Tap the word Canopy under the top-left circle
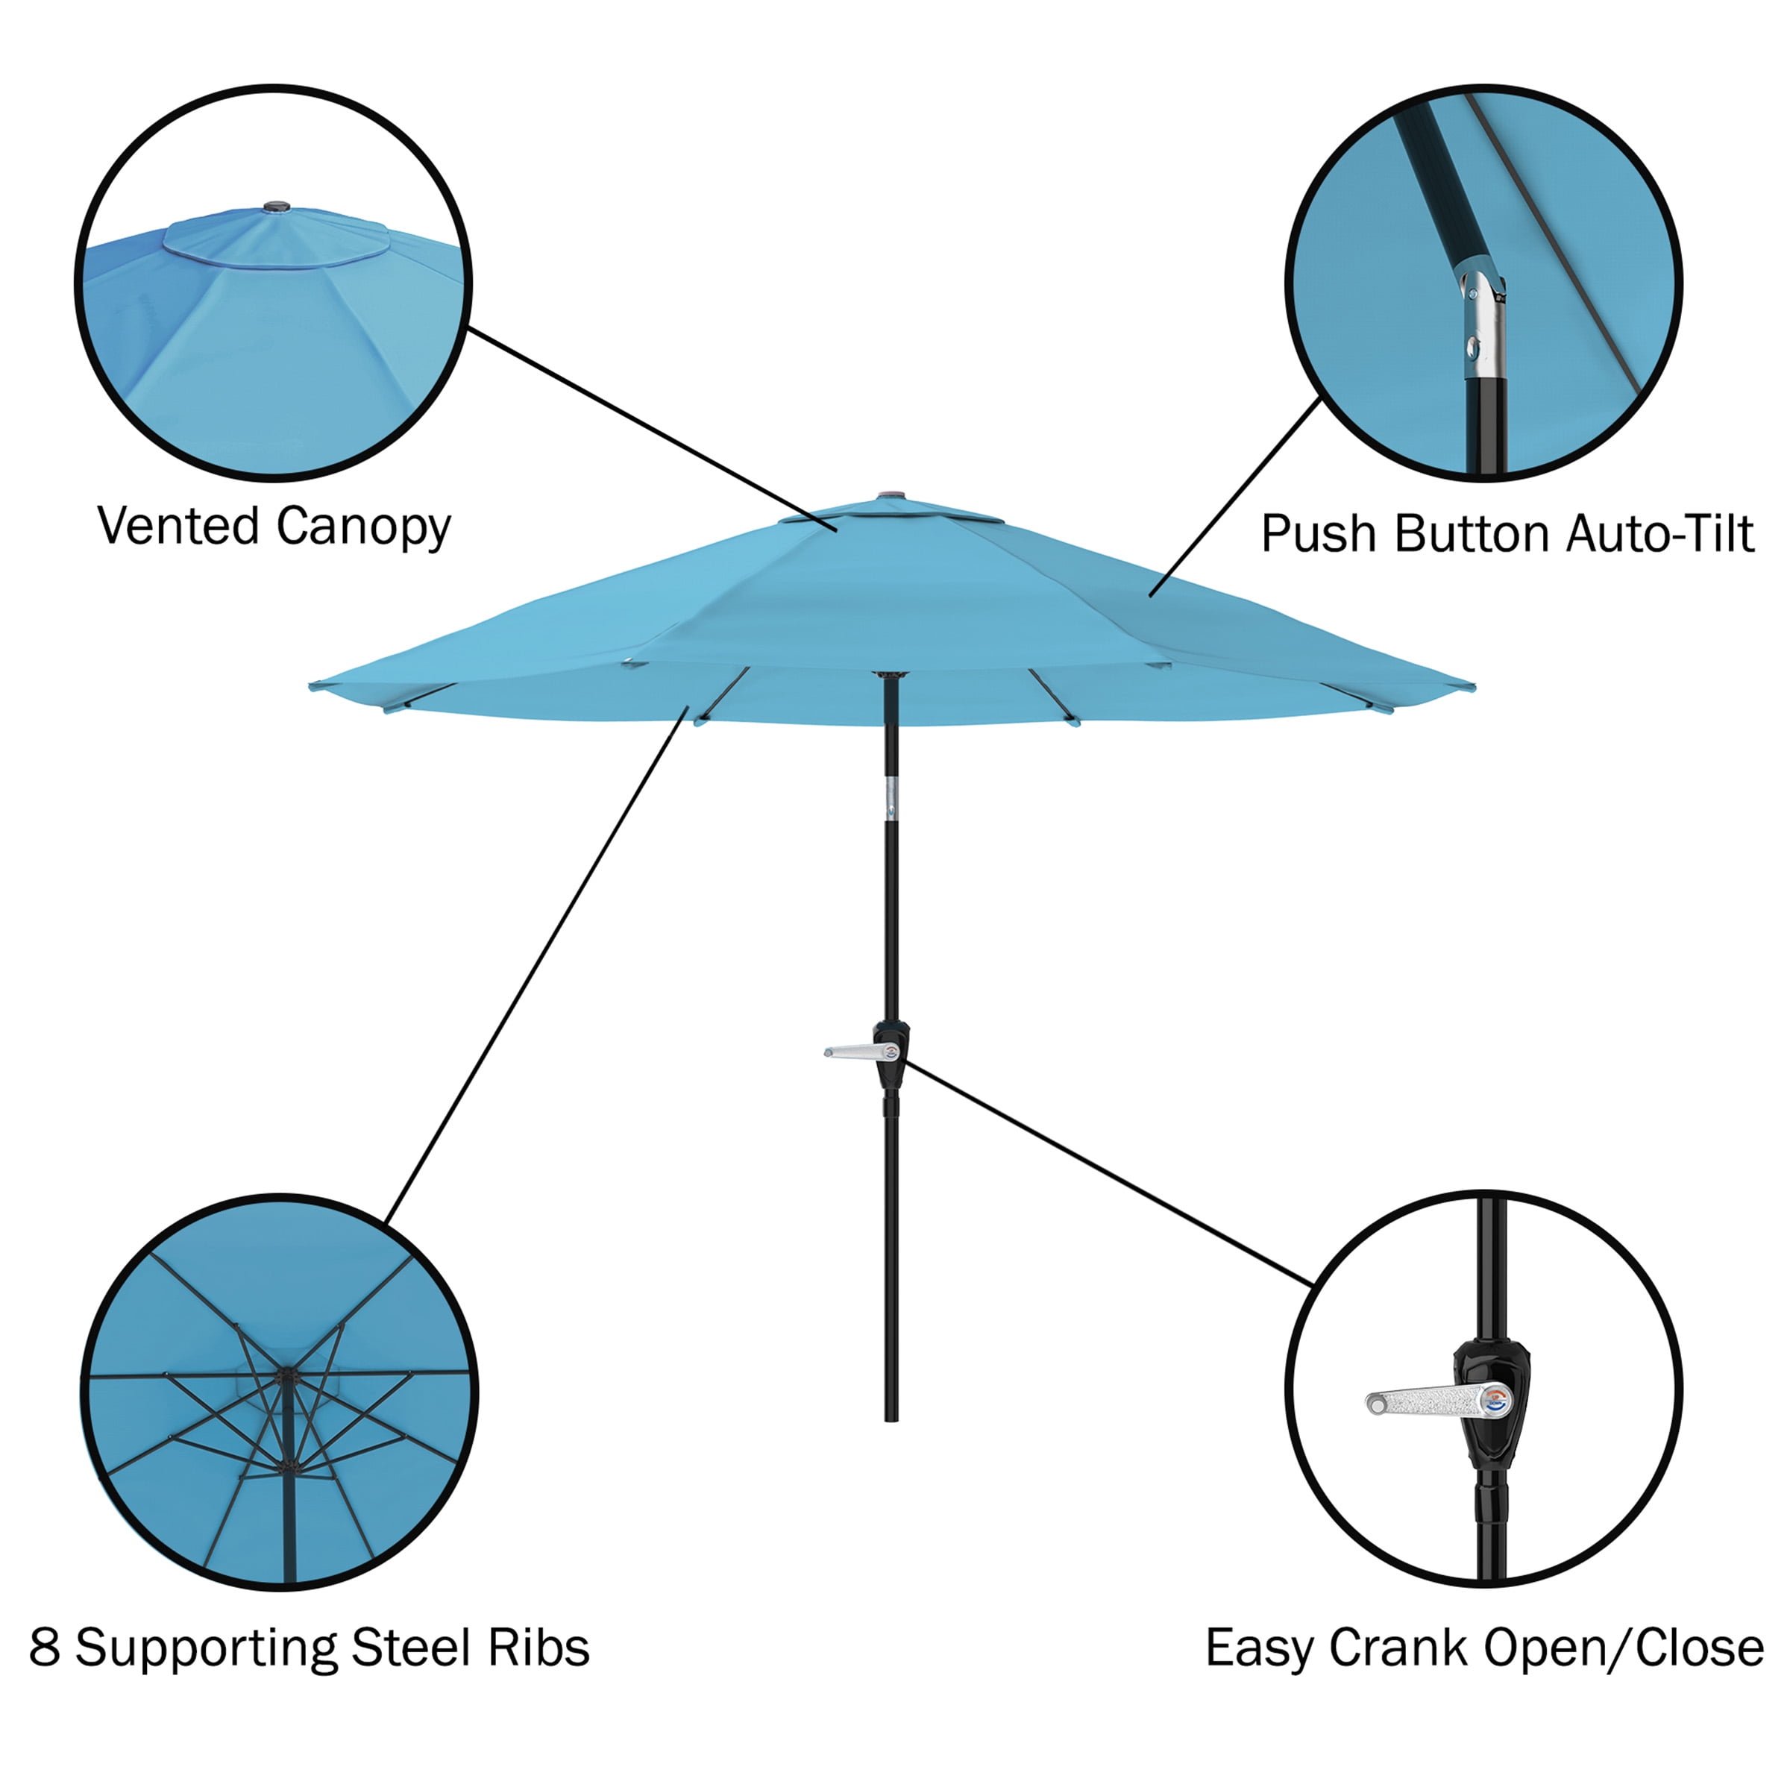[x=363, y=528]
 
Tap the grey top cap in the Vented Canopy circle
[x=276, y=207]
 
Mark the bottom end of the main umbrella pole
[x=891, y=1419]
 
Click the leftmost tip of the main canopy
[x=311, y=685]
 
